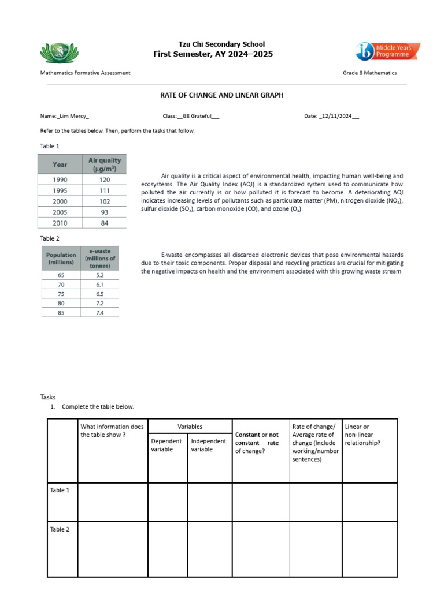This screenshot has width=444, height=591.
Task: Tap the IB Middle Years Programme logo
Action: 387,51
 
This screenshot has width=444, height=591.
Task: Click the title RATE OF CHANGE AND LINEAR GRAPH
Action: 222,95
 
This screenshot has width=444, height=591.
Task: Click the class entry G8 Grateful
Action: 198,116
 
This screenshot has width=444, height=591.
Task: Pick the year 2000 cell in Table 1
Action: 60,201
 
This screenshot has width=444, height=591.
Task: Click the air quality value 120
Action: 105,179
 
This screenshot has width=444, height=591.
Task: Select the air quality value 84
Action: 105,223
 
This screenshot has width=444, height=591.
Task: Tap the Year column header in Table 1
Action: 60,164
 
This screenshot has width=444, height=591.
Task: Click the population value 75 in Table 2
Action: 61,293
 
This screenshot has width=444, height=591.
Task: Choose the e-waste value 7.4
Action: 101,312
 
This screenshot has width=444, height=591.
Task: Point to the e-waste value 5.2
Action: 101,275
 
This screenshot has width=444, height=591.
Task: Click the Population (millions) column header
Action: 61,258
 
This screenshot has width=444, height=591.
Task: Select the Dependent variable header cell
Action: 167,445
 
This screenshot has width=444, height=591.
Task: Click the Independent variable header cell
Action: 209,445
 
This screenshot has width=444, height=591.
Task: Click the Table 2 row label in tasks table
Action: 60,529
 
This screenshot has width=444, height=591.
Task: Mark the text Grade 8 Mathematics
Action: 369,73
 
